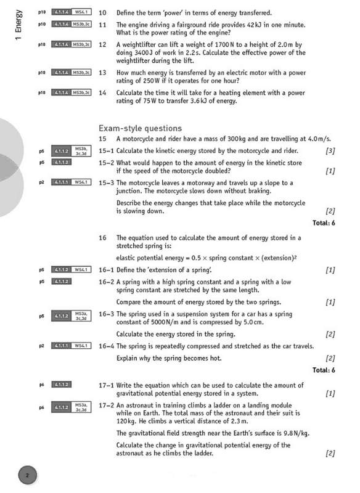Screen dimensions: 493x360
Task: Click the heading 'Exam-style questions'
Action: click(x=140, y=128)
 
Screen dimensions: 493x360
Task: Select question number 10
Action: click(x=102, y=12)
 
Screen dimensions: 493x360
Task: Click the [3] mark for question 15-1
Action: click(x=330, y=151)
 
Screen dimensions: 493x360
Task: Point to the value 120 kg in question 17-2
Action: click(x=126, y=422)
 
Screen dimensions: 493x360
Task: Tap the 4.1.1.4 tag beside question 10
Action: click(x=60, y=12)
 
